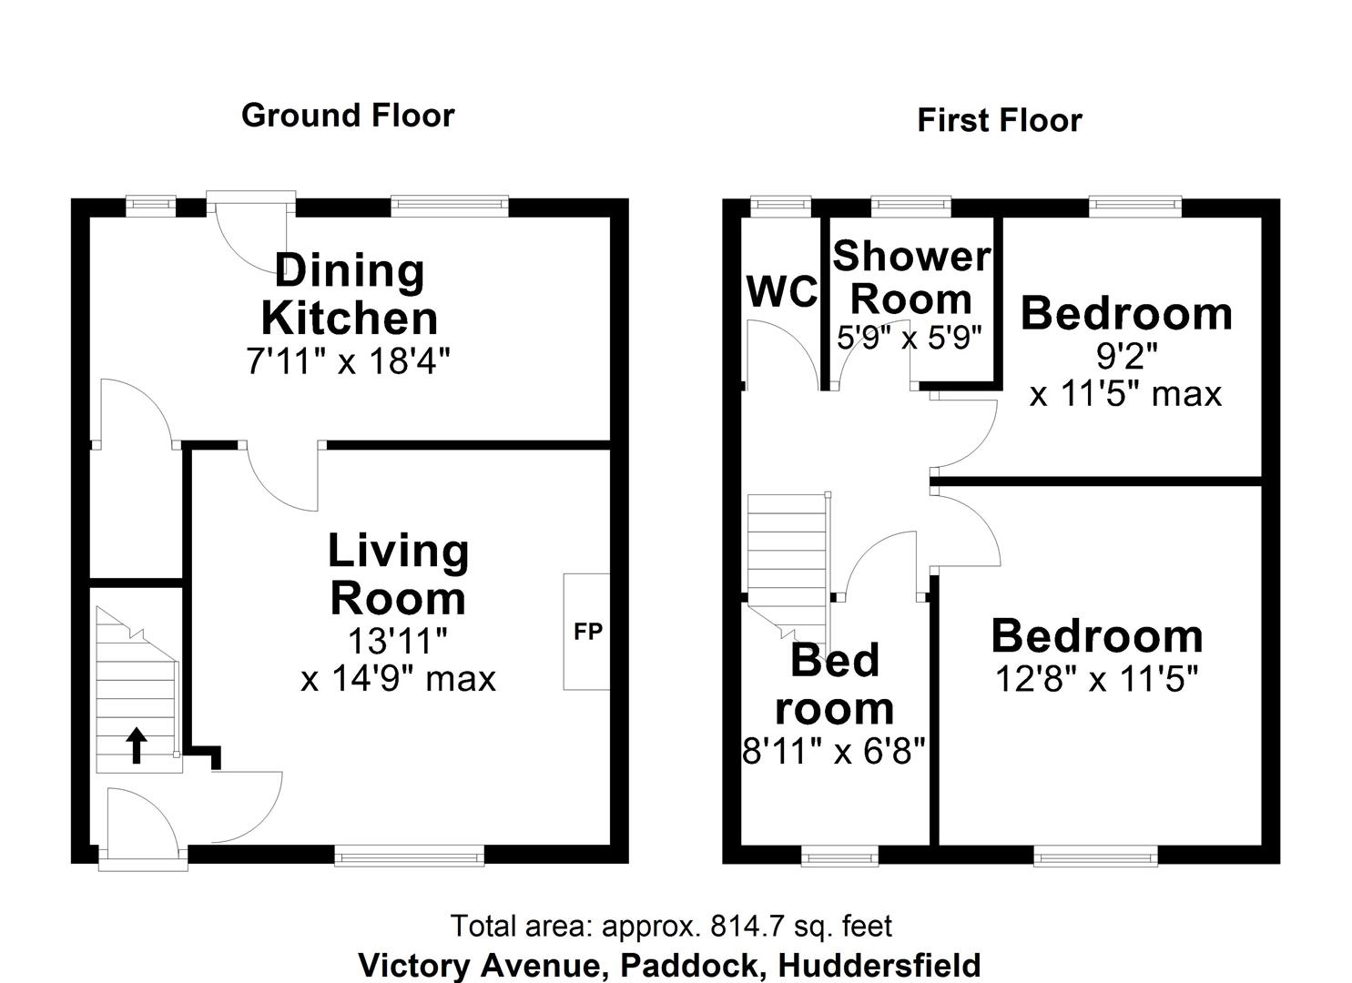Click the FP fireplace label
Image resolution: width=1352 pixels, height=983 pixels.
point(587,631)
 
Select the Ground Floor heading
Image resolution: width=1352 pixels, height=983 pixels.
point(348,116)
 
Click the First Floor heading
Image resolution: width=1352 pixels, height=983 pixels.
point(999,120)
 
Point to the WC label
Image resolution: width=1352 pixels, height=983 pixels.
point(781,292)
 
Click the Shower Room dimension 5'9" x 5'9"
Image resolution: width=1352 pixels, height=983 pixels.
point(910,338)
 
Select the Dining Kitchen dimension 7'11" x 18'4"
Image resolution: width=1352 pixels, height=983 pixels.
point(349,362)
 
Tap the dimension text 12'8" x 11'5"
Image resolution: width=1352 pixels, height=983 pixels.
point(1096,679)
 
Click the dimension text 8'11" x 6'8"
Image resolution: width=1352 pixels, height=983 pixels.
point(834,751)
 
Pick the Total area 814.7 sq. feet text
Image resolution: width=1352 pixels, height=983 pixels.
point(672,926)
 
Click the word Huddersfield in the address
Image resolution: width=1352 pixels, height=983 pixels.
point(880,964)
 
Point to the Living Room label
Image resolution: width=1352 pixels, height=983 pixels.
point(398,574)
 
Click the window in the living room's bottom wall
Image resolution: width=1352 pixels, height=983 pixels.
point(409,854)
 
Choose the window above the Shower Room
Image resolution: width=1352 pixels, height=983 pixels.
point(910,207)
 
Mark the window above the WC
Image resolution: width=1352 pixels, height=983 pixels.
point(780,207)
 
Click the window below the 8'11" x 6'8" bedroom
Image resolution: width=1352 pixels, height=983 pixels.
point(839,854)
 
